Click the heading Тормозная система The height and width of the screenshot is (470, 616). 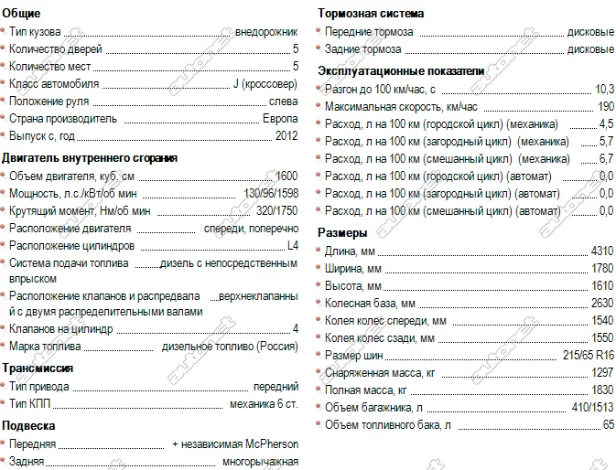(370, 14)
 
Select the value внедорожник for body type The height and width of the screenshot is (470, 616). (266, 32)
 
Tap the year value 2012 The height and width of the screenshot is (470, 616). (286, 136)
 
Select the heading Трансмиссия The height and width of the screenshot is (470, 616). (38, 368)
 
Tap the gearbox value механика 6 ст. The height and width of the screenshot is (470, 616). (264, 403)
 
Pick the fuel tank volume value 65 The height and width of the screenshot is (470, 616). (608, 425)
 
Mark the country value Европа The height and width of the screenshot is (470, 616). (280, 119)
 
